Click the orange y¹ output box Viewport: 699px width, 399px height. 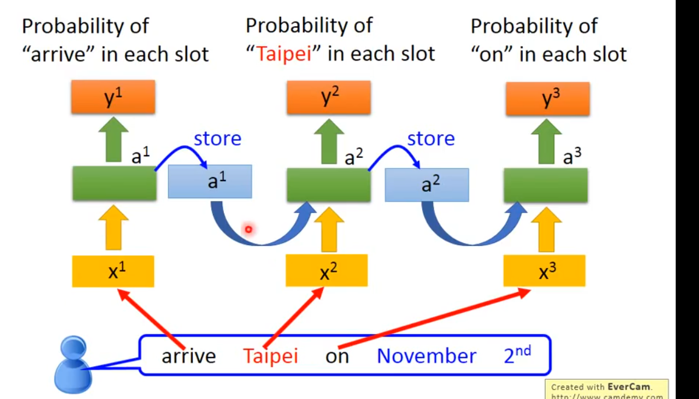[x=113, y=97]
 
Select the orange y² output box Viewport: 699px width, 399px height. [x=328, y=97]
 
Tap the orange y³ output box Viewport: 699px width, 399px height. [x=547, y=98]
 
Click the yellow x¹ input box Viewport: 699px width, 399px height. [x=113, y=271]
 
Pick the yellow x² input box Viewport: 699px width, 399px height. [x=326, y=271]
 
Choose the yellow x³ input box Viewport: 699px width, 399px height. [x=544, y=271]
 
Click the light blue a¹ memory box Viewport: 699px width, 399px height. [x=210, y=181]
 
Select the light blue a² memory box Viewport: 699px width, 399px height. [x=427, y=185]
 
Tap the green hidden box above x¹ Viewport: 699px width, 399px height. [x=114, y=183]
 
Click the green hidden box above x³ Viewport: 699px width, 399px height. [x=545, y=185]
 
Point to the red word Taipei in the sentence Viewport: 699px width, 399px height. [x=271, y=355]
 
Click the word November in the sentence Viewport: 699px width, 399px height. [x=426, y=355]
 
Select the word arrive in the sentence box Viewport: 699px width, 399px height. [x=188, y=356]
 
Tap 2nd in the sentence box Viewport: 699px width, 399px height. [x=517, y=354]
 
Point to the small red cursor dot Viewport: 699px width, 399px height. [x=248, y=229]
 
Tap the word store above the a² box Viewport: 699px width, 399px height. [x=431, y=139]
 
